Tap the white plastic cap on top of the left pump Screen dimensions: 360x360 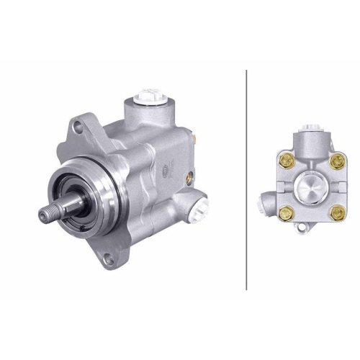[153, 96]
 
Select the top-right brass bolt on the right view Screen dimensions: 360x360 [335, 161]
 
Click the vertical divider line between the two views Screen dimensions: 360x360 [247, 180]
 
